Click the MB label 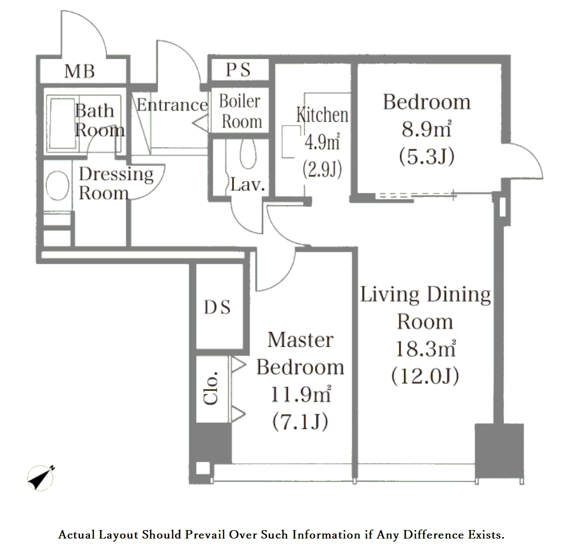tap(79, 71)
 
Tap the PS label tap(238, 70)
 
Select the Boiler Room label tap(240, 111)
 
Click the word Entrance tap(172, 105)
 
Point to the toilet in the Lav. tap(249, 154)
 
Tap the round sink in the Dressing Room tap(57, 185)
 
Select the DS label tap(218, 308)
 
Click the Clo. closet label tap(211, 388)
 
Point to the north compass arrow tap(40, 478)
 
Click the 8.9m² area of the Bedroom tap(426, 129)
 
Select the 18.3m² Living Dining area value tap(425, 349)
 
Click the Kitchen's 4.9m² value tap(322, 142)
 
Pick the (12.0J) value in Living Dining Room tap(425, 376)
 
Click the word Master tap(300, 340)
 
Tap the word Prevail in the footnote tap(205, 535)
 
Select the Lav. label tap(248, 185)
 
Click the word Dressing tap(116, 175)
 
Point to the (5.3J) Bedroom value tap(426, 157)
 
